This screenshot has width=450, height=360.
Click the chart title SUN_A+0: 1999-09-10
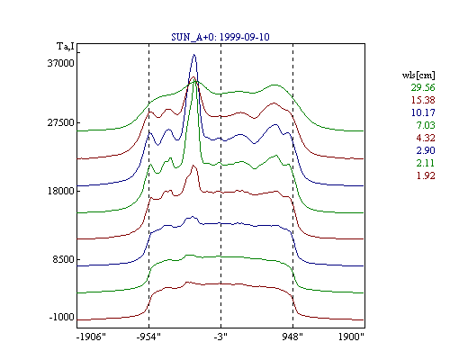click(220, 37)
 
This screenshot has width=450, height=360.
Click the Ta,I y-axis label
click(66, 47)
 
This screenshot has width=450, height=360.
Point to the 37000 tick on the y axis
click(61, 63)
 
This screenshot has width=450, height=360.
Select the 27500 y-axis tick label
click(61, 122)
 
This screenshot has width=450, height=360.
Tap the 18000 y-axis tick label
click(61, 191)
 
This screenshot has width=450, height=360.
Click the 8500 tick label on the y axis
click(63, 259)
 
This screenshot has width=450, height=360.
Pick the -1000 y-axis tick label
click(61, 317)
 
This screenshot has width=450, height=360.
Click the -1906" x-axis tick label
click(91, 337)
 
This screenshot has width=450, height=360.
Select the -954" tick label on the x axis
click(148, 337)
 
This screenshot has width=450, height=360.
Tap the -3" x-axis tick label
click(220, 337)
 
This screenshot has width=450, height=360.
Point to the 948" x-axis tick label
click(292, 337)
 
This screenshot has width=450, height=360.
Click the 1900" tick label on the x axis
click(351, 337)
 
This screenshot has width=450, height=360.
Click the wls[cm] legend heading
click(418, 75)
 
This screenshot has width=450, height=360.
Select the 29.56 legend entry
click(423, 87)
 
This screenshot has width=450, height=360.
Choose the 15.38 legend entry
click(423, 100)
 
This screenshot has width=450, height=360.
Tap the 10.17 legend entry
click(423, 112)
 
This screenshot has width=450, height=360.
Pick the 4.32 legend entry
click(426, 138)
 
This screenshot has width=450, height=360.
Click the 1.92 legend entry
click(426, 175)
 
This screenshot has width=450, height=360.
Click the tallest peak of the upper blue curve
click(194, 55)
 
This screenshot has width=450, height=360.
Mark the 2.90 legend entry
click(426, 150)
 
